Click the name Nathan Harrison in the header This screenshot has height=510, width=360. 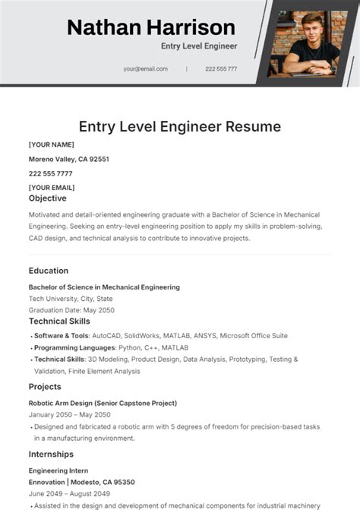(x=150, y=27)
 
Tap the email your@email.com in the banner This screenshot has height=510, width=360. (x=145, y=68)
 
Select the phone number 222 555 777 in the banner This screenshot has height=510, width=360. (x=221, y=68)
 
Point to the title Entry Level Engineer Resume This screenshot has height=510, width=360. (x=180, y=126)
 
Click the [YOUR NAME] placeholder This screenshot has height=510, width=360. (x=51, y=144)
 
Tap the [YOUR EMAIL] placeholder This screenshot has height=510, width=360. (x=52, y=187)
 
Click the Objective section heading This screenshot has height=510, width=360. (x=48, y=198)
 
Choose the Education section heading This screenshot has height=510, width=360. (x=49, y=271)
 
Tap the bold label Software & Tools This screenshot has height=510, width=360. (x=62, y=335)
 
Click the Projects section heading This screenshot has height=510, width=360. (x=46, y=387)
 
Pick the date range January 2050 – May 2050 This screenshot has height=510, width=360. (x=69, y=415)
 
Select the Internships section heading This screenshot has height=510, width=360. (x=51, y=454)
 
